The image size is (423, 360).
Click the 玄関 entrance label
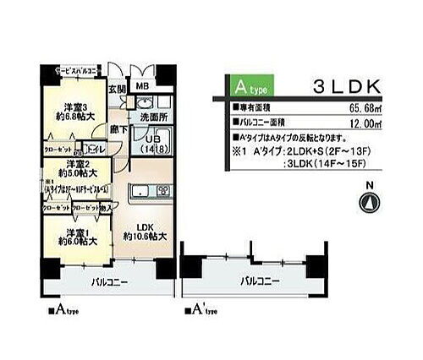click(x=117, y=87)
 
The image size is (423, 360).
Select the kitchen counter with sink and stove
click(x=147, y=194)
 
